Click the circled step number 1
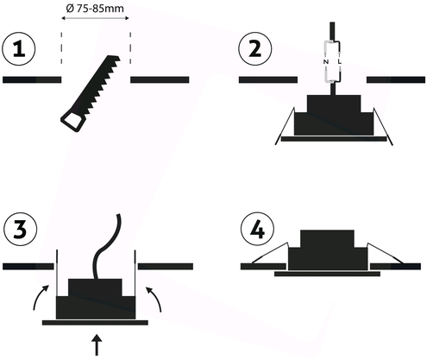coord(19,49)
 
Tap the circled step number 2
coord(255,49)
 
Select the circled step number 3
coord(20,230)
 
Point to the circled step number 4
coord(257,230)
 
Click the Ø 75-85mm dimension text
coord(95,9)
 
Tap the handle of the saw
coord(72,122)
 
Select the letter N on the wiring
coord(326,61)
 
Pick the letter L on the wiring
coord(340,61)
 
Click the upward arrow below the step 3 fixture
coord(97,344)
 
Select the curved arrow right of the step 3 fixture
coord(155,298)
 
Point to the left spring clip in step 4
coord(270,252)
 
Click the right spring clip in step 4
coord(386,252)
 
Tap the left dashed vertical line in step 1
coord(61,48)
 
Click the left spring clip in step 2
coord(285,126)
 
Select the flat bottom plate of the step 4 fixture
coord(327,274)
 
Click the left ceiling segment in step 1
coord(32,79)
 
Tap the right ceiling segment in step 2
coord(396,79)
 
